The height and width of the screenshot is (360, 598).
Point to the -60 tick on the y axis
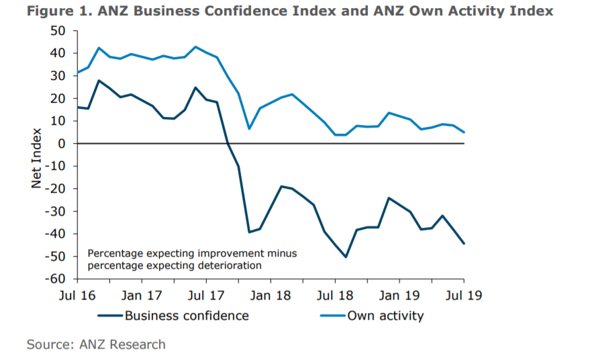point(58,279)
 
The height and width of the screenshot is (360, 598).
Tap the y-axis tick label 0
point(64,143)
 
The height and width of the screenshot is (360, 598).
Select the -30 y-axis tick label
point(58,211)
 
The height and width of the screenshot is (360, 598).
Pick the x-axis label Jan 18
point(270,295)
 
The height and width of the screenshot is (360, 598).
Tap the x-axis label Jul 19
point(464,295)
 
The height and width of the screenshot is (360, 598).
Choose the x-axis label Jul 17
point(206,295)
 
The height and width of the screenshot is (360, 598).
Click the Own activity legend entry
point(385,315)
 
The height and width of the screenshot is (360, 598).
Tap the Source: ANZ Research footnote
point(96,345)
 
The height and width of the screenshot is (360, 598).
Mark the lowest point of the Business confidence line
point(346,257)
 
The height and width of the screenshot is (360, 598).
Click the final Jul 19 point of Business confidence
point(464,243)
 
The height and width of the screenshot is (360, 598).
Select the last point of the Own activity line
point(464,132)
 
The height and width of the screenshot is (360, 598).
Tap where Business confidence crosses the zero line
point(228,144)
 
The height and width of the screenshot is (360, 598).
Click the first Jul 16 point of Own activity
point(77,73)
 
